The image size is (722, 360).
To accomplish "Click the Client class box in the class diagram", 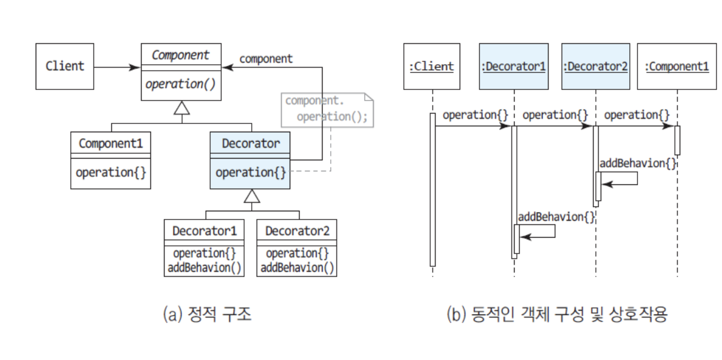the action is pos(65,66).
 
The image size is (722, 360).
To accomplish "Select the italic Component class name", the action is pos(180,55).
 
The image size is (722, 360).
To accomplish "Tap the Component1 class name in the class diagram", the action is pos(111,143).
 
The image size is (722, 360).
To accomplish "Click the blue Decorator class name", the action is pos(251,143).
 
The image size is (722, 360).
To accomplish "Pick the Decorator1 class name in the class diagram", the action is pos(204,230).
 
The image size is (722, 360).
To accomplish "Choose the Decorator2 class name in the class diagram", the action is pos(297,230).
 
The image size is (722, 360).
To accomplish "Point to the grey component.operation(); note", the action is pos(327,110).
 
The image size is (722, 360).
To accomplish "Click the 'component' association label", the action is pos(266,59).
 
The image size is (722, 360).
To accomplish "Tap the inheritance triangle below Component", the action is pos(182,108).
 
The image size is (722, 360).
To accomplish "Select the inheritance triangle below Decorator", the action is pos(252,196).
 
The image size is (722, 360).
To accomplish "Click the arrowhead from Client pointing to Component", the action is pos(134,67).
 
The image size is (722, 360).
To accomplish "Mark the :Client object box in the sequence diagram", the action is pos(432,66).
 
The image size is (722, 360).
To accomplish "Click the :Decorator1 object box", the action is pos(514,66).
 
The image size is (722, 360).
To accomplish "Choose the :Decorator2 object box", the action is pos(596,66).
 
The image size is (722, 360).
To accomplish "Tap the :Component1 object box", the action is pos(677,66).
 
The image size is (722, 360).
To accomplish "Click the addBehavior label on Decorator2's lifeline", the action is pos(638,164).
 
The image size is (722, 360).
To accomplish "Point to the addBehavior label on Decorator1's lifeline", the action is pos(556,217).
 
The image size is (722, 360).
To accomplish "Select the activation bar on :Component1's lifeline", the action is pos(677,140).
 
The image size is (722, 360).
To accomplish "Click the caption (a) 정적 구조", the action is pos(207,314).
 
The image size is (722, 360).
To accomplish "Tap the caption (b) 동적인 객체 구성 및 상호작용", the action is pos(557,314).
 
